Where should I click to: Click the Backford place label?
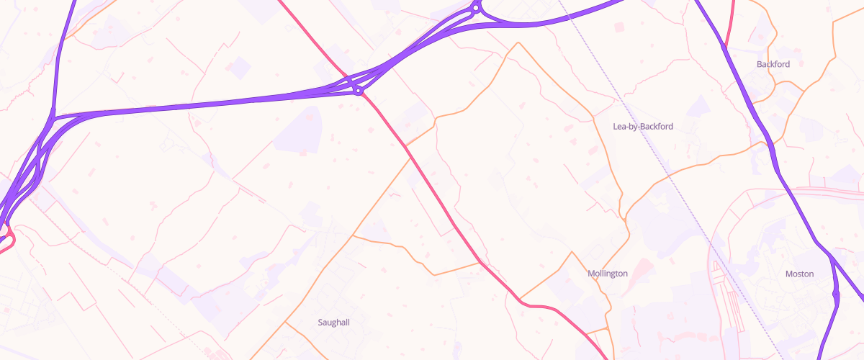pyautogui.click(x=773, y=64)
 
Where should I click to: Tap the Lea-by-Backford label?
pyautogui.click(x=642, y=127)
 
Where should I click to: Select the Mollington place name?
pyautogui.click(x=608, y=274)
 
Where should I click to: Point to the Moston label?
pyautogui.click(x=799, y=274)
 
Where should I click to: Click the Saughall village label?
pyautogui.click(x=333, y=323)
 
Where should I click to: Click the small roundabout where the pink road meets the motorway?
pyautogui.click(x=358, y=90)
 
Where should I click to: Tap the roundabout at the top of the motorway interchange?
pyautogui.click(x=476, y=9)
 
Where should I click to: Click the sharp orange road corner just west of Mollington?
pyautogui.click(x=572, y=252)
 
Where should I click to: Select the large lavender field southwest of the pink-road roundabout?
pyautogui.click(x=297, y=130)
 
